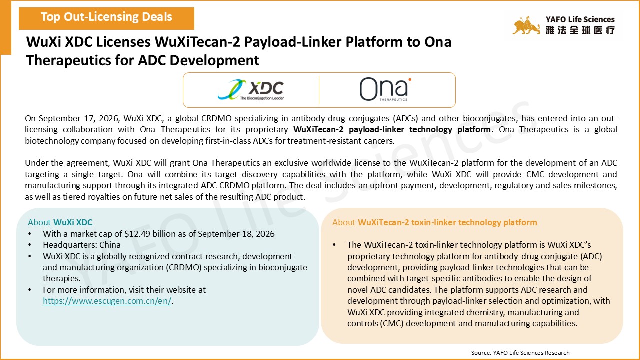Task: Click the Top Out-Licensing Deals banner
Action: (x=106, y=18)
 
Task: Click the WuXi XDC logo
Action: (x=251, y=89)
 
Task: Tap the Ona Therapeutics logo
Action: (x=385, y=89)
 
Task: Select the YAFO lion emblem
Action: (x=526, y=25)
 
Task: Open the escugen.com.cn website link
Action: (x=107, y=301)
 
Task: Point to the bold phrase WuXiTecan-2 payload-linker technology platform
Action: (x=392, y=129)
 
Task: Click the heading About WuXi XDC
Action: (x=60, y=222)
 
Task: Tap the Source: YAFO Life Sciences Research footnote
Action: (x=520, y=353)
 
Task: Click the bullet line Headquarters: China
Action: (x=82, y=245)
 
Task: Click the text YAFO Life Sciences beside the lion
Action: (x=580, y=19)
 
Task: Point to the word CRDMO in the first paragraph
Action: (x=216, y=118)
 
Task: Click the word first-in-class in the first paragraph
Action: (x=230, y=141)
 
